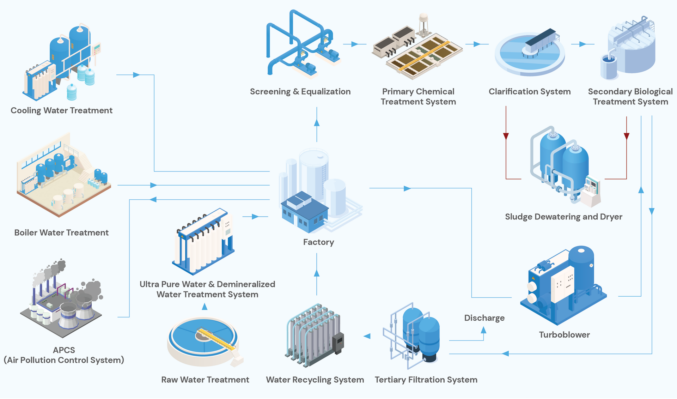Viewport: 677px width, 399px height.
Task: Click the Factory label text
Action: coord(318,242)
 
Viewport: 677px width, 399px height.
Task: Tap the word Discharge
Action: coord(484,318)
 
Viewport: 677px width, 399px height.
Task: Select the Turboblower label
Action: coord(564,335)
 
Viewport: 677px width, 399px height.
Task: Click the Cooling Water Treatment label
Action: coord(61,110)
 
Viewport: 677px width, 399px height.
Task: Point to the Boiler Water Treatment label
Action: coord(61,232)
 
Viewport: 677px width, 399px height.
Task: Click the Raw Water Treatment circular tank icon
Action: coord(204,341)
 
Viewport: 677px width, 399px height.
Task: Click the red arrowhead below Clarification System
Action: coord(506,136)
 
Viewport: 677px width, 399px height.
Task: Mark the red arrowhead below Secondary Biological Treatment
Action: coord(627,136)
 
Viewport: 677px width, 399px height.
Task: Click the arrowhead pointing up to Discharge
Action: coord(483,330)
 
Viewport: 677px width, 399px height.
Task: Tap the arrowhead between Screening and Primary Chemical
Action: coord(355,44)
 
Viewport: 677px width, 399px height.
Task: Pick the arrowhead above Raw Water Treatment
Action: coord(205,307)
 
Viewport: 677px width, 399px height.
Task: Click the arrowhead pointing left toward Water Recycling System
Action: coord(367,336)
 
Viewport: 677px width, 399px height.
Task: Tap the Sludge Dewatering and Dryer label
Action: coord(563,217)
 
